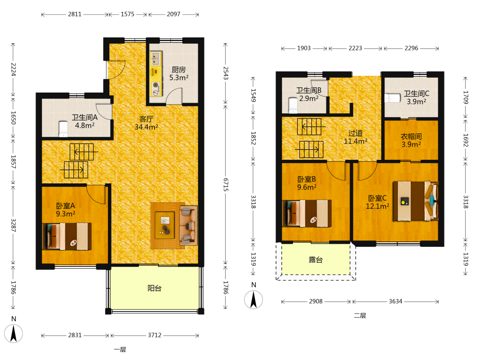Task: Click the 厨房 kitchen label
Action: pyautogui.click(x=179, y=70)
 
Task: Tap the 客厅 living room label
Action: pyautogui.click(x=146, y=119)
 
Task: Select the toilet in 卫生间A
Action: pyautogui.click(x=63, y=129)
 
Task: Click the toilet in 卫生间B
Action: pyautogui.click(x=293, y=105)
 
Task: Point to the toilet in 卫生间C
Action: pyautogui.click(x=393, y=98)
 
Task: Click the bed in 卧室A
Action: pyautogui.click(x=67, y=236)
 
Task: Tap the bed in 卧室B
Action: pyautogui.click(x=307, y=214)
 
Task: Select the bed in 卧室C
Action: pyautogui.click(x=416, y=201)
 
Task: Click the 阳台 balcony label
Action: pyautogui.click(x=154, y=288)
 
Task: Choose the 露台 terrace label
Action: pyautogui.click(x=316, y=260)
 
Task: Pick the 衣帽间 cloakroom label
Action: pyautogui.click(x=411, y=136)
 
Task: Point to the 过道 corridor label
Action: pyautogui.click(x=355, y=133)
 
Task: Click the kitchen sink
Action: pyautogui.click(x=156, y=59)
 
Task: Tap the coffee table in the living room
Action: pyautogui.click(x=165, y=225)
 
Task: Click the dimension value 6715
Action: pyautogui.click(x=226, y=185)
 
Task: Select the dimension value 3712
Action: pyautogui.click(x=155, y=335)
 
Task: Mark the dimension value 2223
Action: pyautogui.click(x=355, y=48)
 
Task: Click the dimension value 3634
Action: pyautogui.click(x=396, y=301)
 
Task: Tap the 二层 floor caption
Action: pyautogui.click(x=360, y=316)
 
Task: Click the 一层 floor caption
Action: pyautogui.click(x=120, y=349)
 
